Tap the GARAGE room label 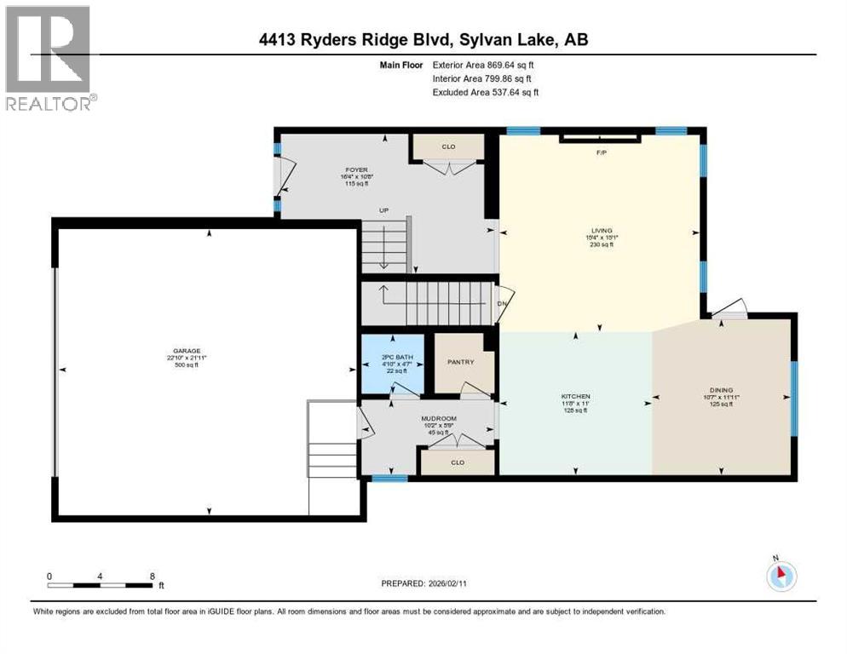(x=186, y=351)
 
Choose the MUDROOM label (x=440, y=418)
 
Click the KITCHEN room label (x=575, y=397)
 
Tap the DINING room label (x=721, y=391)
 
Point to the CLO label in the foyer (x=448, y=146)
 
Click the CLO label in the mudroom (x=457, y=462)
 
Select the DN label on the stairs (x=502, y=303)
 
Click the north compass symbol (x=780, y=576)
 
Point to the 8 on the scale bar (x=152, y=576)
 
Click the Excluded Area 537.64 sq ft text (x=486, y=92)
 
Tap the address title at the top (x=423, y=38)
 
